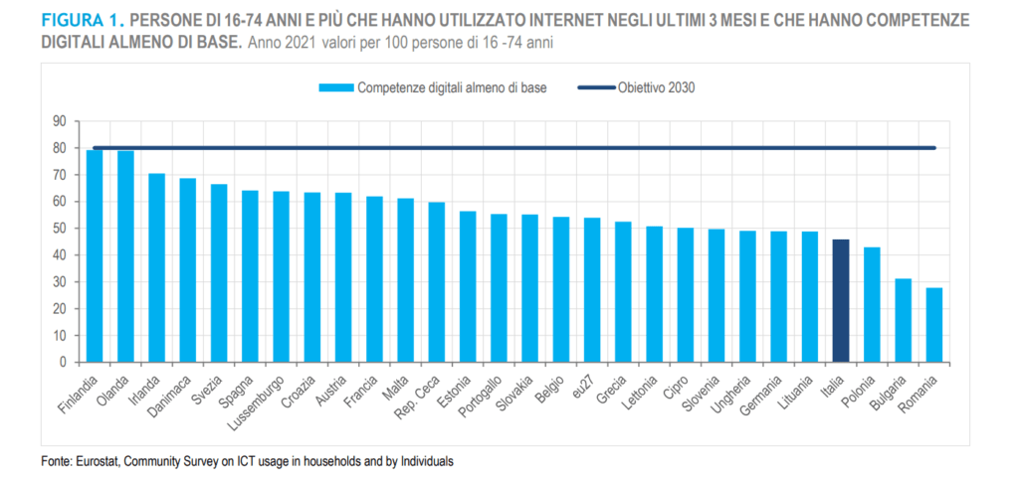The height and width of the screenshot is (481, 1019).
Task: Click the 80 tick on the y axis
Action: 59,148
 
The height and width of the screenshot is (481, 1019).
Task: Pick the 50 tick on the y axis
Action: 59,229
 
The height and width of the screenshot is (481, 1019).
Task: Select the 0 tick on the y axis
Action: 62,363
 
